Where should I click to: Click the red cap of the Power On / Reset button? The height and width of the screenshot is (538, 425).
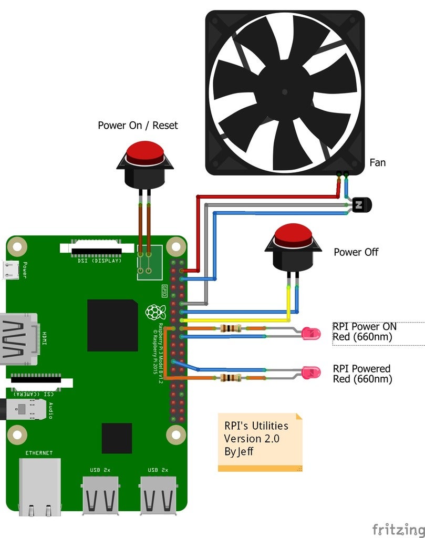click(x=144, y=150)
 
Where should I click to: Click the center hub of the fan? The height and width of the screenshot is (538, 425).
click(x=284, y=92)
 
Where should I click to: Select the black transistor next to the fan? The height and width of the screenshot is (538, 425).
click(x=361, y=204)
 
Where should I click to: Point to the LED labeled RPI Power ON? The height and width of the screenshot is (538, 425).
click(x=311, y=333)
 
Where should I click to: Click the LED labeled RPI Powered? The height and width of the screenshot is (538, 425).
click(x=311, y=373)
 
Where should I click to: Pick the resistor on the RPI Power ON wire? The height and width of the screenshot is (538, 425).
click(x=231, y=328)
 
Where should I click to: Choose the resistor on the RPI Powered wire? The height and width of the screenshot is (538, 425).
click(x=231, y=377)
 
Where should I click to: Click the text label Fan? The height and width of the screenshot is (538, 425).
click(x=377, y=163)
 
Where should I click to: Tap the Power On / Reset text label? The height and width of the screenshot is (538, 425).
click(x=138, y=126)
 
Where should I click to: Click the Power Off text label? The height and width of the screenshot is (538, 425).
click(x=356, y=252)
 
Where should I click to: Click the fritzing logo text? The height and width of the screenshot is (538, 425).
click(x=398, y=528)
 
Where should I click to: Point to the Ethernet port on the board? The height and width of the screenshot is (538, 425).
click(x=39, y=487)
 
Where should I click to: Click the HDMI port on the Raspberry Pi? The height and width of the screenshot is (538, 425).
click(x=18, y=339)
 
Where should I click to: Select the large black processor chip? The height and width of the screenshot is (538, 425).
click(x=112, y=325)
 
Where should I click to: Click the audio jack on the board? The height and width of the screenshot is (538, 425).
click(x=24, y=408)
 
